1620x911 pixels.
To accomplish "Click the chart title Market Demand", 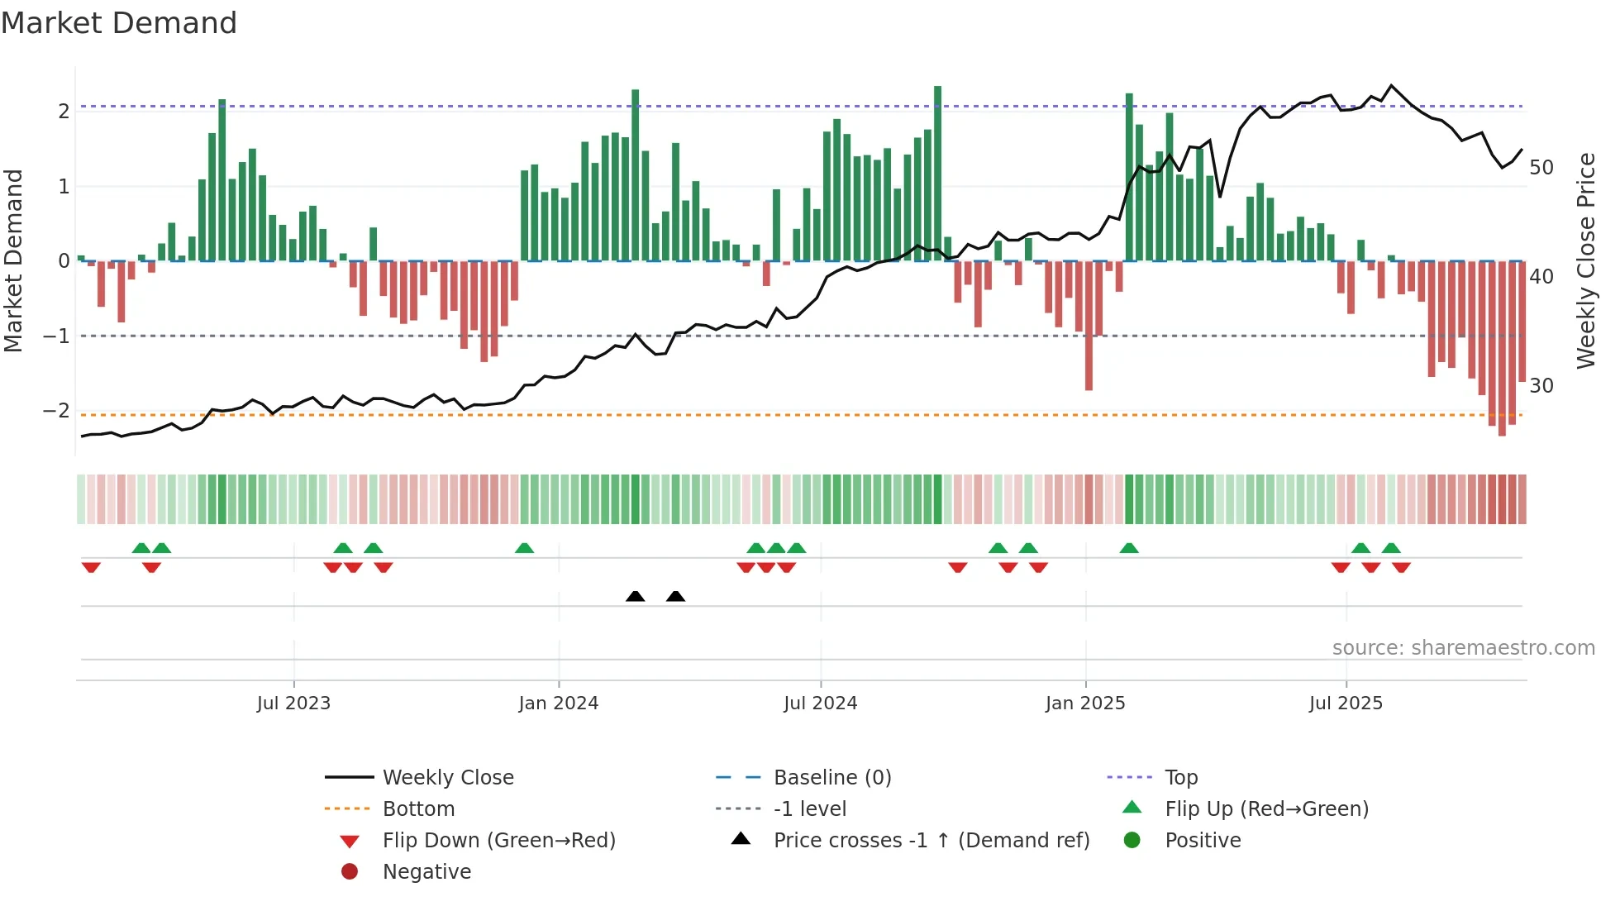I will (119, 23).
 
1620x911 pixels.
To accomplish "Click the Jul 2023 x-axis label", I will (293, 704).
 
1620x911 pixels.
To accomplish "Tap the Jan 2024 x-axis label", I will (559, 704).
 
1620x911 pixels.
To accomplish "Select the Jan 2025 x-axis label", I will (1085, 704).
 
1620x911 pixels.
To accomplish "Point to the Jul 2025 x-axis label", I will (1346, 704).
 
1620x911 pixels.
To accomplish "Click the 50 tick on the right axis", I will (1541, 168).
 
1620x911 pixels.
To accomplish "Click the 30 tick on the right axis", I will (1541, 386).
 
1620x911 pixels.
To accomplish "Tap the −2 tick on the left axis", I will (56, 411).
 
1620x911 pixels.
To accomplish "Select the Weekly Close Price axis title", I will (1585, 260).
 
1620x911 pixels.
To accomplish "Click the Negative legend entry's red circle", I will (350, 872).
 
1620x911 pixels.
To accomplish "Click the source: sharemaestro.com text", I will (1463, 648).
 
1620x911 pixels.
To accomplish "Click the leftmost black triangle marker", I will (635, 597).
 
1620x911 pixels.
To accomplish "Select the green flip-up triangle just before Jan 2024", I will (524, 548).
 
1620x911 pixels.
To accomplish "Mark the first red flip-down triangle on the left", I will (91, 567).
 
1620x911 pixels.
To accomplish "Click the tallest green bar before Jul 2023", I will (222, 180).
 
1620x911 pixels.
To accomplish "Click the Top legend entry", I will (1180, 778).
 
